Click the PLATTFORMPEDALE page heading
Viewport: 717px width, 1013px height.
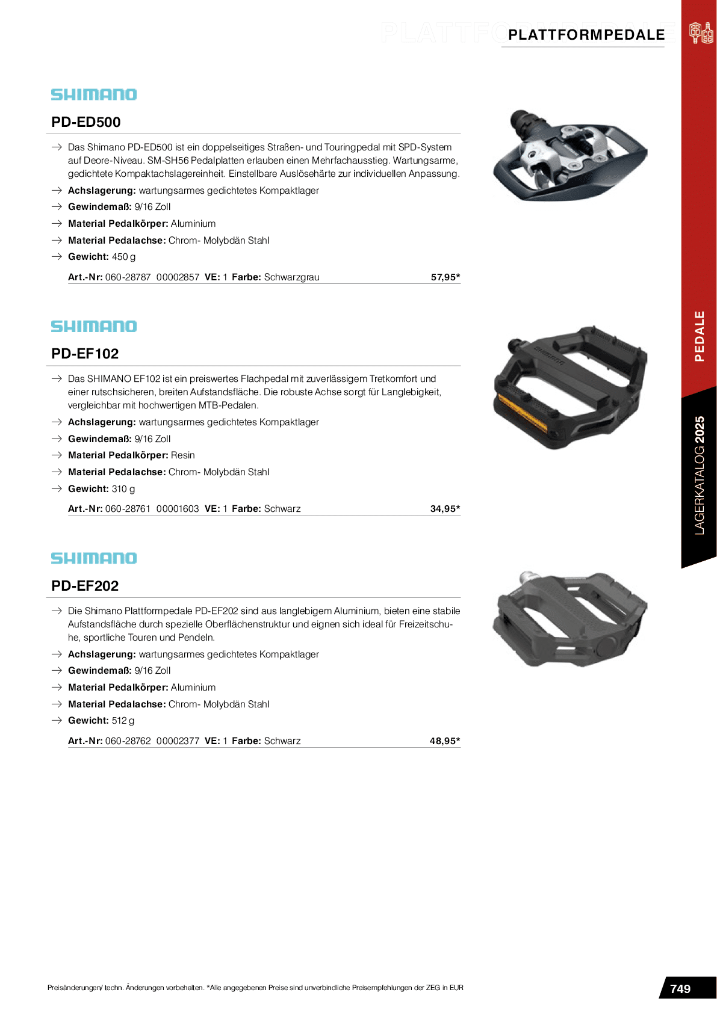coord(586,35)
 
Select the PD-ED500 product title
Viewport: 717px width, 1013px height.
coord(86,122)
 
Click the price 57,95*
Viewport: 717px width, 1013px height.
coord(445,277)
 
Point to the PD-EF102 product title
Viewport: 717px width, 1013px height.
coord(85,354)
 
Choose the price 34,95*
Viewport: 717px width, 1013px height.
coord(445,509)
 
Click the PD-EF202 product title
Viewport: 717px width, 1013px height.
coord(85,586)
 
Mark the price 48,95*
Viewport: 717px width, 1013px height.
coord(445,741)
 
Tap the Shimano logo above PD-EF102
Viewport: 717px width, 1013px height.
coord(94,326)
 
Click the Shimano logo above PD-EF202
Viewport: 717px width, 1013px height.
coord(94,558)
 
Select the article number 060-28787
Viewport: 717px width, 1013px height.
coord(128,277)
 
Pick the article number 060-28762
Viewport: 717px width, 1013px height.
coord(128,741)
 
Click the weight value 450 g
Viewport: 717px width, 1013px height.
coord(123,257)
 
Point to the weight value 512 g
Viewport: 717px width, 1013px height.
coord(123,721)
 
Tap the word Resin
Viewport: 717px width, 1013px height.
coord(182,455)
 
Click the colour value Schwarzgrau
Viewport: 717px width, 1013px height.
coord(291,277)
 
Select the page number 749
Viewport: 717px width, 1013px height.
coord(680,989)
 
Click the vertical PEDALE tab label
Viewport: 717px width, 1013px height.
coord(699,336)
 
